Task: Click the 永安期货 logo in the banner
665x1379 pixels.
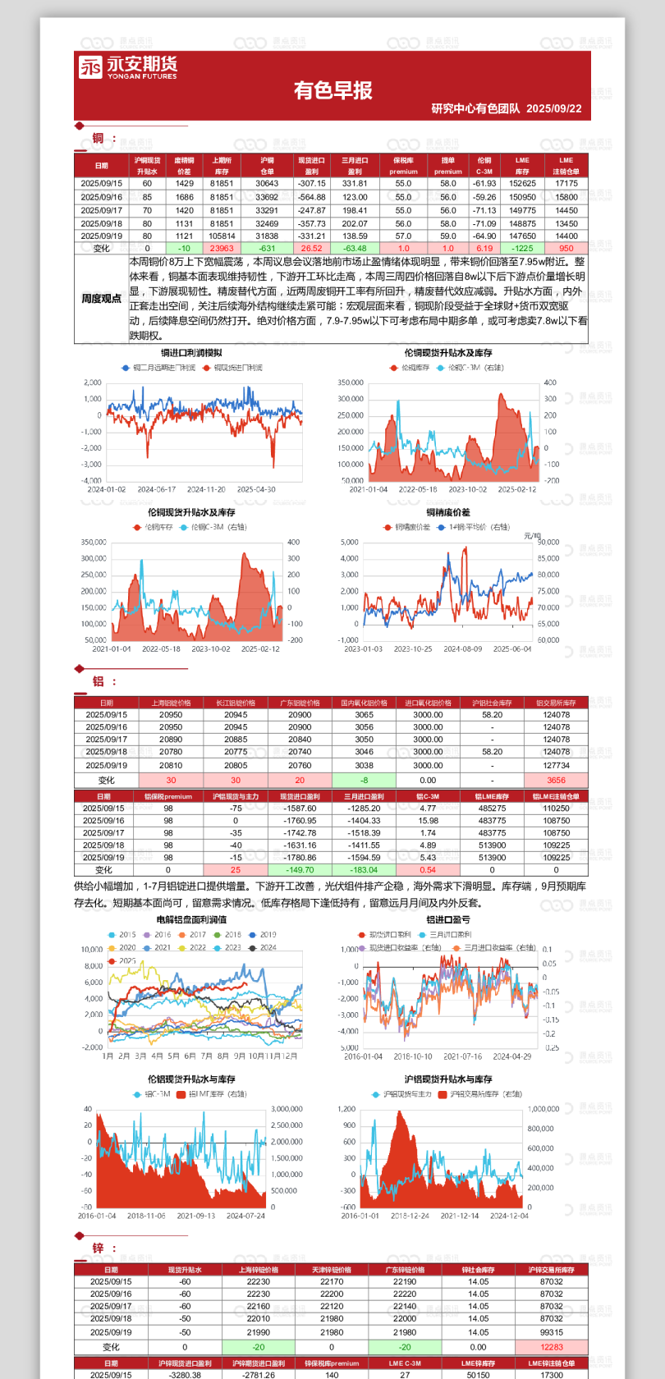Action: (127, 67)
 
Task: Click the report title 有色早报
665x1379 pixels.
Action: (332, 90)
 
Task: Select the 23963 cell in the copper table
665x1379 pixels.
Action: (222, 248)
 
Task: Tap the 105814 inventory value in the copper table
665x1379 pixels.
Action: (222, 236)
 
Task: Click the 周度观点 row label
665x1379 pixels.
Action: (101, 299)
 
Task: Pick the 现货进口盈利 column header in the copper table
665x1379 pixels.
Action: (311, 166)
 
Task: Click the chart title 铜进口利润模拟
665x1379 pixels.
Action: (191, 353)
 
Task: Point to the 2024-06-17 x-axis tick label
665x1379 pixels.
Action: (156, 489)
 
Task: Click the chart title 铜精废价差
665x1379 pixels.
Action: (448, 512)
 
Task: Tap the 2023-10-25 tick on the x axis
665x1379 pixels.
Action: (412, 648)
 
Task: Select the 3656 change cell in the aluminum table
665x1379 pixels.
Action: (556, 781)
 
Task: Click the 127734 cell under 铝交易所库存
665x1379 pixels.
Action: (556, 765)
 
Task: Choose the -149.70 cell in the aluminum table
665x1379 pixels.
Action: (300, 870)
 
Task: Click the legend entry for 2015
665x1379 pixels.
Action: (122, 934)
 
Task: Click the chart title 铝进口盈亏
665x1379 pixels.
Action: (448, 920)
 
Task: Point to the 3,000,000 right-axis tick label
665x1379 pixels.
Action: (287, 1109)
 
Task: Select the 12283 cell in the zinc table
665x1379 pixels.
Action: (552, 1347)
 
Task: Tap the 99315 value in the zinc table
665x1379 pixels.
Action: (552, 1332)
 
